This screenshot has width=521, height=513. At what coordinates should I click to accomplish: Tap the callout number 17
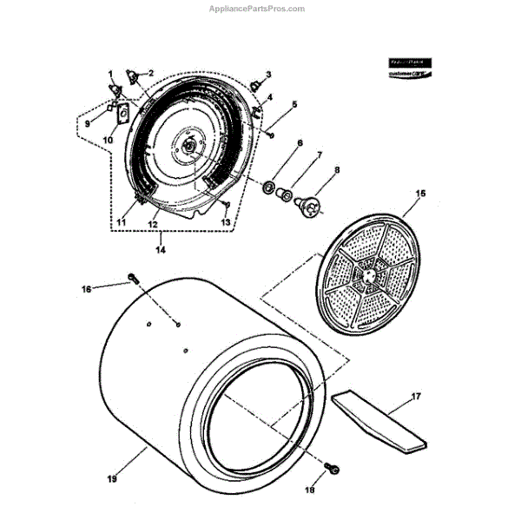pyautogui.click(x=416, y=396)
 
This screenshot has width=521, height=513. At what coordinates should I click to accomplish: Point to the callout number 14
pyautogui.click(x=159, y=249)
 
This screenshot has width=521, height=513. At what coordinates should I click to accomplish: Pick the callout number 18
pyautogui.click(x=333, y=491)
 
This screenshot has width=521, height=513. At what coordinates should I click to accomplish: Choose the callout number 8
pyautogui.click(x=337, y=170)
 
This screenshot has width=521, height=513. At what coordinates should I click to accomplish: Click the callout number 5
pyautogui.click(x=294, y=105)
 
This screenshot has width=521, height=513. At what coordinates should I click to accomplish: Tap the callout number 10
pyautogui.click(x=109, y=139)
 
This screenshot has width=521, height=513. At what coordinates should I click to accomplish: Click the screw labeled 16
pyautogui.click(x=132, y=278)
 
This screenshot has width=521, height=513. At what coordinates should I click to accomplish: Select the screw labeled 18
pyautogui.click(x=331, y=470)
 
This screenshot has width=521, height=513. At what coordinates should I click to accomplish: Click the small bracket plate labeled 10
pyautogui.click(x=122, y=115)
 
